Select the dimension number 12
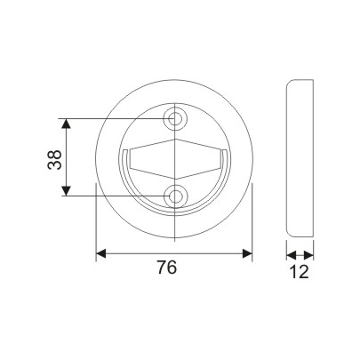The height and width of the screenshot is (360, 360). point(300,271)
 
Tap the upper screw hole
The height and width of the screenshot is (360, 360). point(176,118)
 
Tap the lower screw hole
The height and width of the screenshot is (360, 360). point(176,196)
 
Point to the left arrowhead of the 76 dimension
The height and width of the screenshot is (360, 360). point(100,253)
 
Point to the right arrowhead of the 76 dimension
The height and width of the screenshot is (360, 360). point(248,253)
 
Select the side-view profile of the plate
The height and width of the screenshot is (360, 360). point(300,157)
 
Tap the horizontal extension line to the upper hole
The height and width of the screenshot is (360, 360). point(116,118)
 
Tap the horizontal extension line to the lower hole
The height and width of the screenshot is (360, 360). point(116,196)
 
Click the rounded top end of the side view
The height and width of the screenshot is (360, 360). point(300,81)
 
